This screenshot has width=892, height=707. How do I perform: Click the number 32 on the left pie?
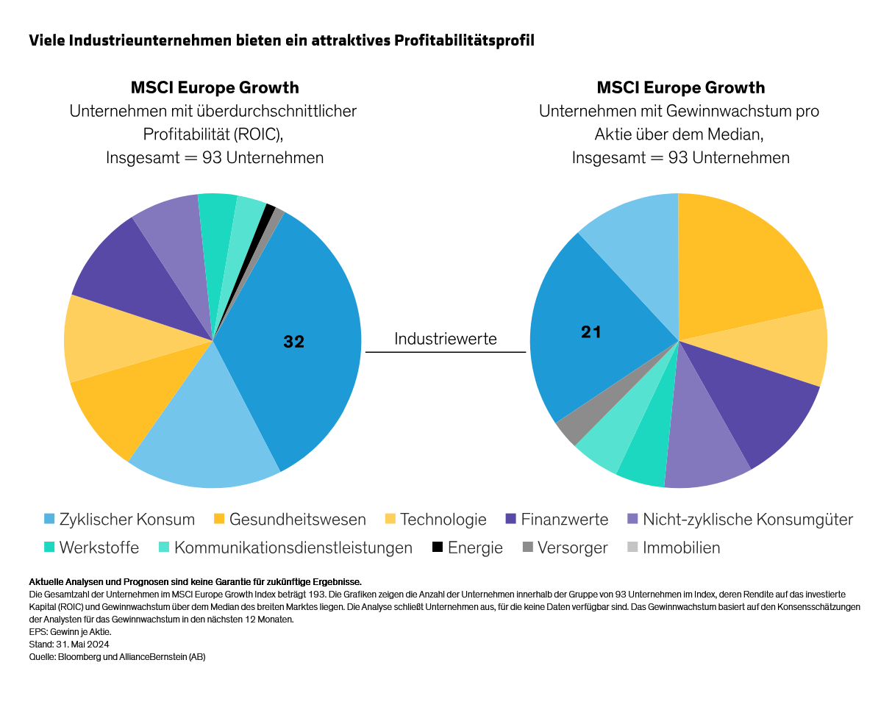[293, 342]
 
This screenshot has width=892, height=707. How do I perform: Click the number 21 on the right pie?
[590, 332]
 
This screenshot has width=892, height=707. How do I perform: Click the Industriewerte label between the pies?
[446, 339]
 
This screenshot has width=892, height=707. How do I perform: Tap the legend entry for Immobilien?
[681, 548]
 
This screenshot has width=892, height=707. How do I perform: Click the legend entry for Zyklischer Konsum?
[126, 520]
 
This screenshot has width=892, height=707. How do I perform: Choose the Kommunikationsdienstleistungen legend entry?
[293, 548]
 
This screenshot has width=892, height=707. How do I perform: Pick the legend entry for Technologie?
[443, 520]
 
